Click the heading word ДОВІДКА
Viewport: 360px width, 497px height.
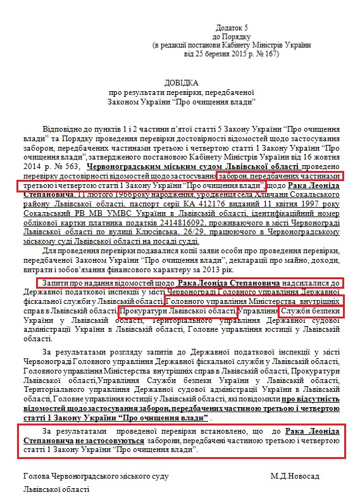pos(180,83)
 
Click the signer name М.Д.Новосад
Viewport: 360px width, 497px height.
pos(295,475)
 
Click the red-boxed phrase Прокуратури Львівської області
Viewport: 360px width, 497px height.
pos(177,312)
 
